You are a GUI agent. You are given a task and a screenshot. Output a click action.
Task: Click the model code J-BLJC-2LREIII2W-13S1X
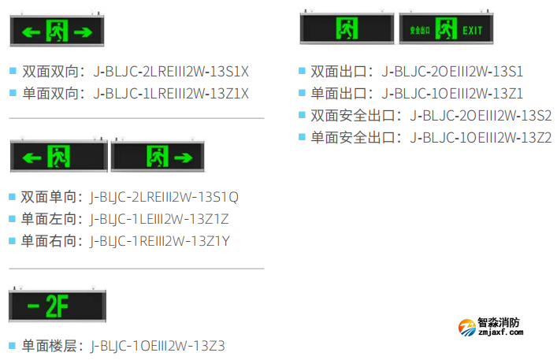pyautogui.click(x=171, y=71)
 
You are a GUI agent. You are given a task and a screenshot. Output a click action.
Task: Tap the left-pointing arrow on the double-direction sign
pyautogui.click(x=31, y=32)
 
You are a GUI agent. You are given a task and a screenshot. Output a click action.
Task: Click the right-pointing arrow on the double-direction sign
pyautogui.click(x=83, y=32)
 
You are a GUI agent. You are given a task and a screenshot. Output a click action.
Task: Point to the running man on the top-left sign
pyautogui.click(x=58, y=32)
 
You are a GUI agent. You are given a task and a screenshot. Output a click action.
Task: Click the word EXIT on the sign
pyautogui.click(x=472, y=30)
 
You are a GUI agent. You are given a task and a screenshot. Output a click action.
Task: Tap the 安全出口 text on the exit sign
pyautogui.click(x=420, y=30)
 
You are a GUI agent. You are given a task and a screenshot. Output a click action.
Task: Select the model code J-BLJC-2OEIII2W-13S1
pyautogui.click(x=452, y=71)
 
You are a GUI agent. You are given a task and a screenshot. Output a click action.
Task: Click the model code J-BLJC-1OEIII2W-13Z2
pyautogui.click(x=481, y=137)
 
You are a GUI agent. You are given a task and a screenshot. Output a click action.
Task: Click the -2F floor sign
pyautogui.click(x=56, y=306)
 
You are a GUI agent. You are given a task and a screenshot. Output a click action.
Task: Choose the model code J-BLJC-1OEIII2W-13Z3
pyautogui.click(x=158, y=345)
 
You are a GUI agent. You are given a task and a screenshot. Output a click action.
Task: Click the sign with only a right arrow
pyautogui.click(x=157, y=157)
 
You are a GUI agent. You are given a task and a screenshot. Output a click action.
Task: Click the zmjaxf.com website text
pyautogui.click(x=499, y=333)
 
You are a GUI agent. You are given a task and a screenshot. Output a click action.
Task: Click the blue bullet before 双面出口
pyautogui.click(x=303, y=71)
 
